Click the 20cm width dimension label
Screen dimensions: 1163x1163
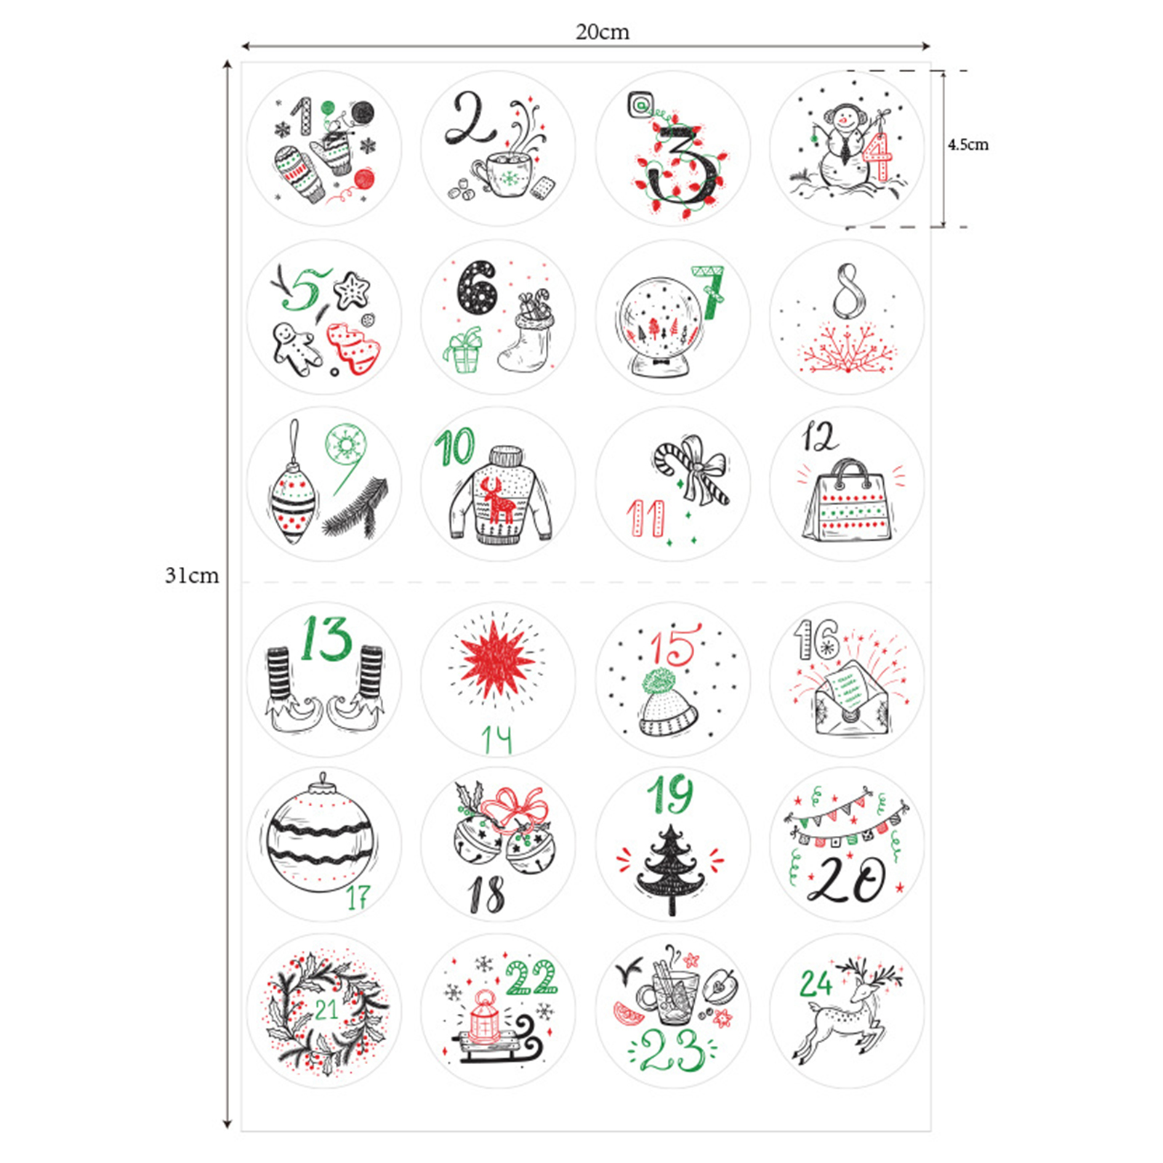click(603, 32)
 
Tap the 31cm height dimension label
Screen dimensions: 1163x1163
click(192, 575)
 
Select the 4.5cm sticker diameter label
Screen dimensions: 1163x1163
click(968, 145)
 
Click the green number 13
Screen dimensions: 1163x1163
click(326, 639)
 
